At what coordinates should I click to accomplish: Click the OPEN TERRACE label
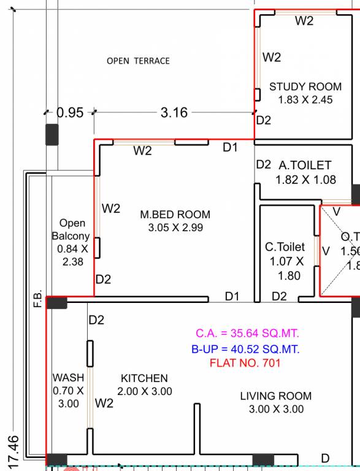click(138, 61)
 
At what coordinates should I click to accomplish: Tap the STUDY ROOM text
click(305, 86)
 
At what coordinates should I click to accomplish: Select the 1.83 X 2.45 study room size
click(305, 99)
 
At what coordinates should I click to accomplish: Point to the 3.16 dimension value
click(174, 113)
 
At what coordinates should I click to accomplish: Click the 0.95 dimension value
click(69, 113)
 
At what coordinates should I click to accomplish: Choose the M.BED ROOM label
click(175, 215)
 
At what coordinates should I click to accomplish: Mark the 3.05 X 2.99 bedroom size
click(175, 228)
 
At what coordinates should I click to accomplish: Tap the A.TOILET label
click(305, 165)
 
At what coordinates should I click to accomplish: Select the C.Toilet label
click(285, 247)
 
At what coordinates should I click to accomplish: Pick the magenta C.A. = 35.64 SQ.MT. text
click(247, 334)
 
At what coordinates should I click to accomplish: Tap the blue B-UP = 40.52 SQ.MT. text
click(245, 350)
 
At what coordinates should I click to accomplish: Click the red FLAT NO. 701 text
click(245, 363)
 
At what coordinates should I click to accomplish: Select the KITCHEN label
click(144, 378)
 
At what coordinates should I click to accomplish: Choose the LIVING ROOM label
click(275, 396)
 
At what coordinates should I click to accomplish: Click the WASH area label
click(68, 378)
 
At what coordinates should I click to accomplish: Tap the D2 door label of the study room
click(263, 120)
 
